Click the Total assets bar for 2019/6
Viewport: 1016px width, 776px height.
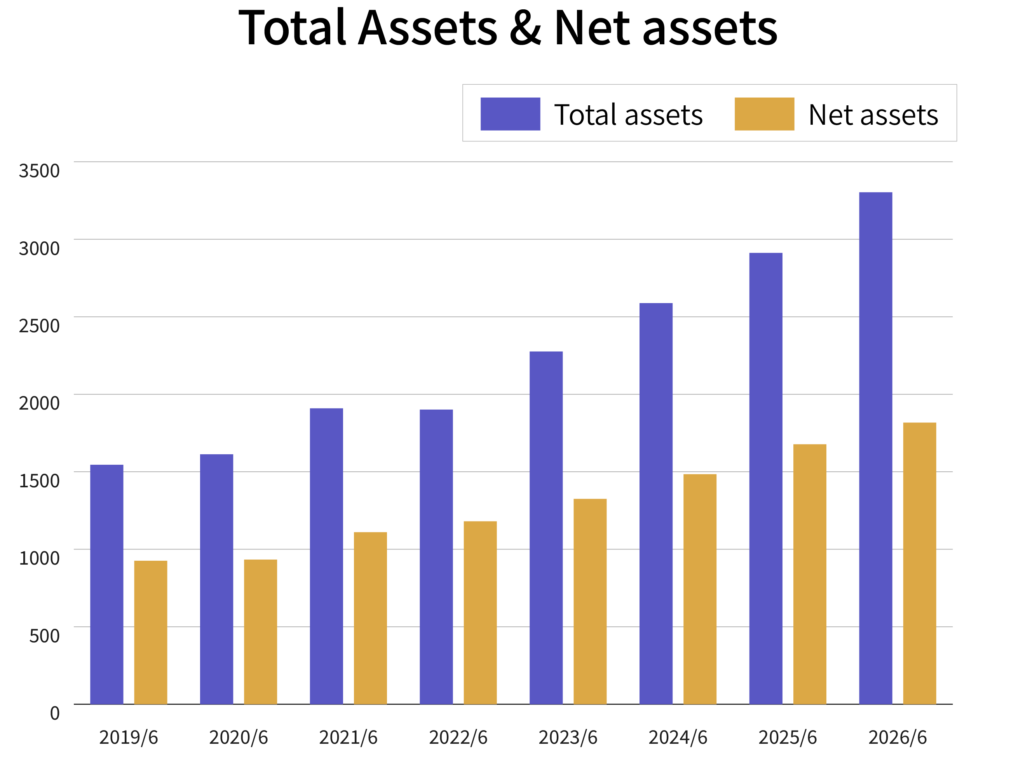(x=107, y=584)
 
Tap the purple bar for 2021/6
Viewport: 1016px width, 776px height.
(x=326, y=556)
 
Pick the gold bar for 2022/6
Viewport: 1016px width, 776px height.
(x=480, y=613)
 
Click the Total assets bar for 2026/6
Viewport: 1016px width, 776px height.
(x=876, y=448)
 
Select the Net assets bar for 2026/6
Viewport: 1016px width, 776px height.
(x=920, y=563)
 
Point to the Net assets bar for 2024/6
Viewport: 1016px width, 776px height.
(x=700, y=589)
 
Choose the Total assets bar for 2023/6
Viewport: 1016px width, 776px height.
(x=546, y=528)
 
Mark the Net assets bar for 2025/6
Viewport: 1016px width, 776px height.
(x=810, y=574)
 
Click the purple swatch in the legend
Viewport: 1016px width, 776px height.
(x=510, y=114)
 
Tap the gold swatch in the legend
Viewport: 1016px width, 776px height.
(x=764, y=114)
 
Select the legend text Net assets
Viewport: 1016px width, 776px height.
(x=873, y=115)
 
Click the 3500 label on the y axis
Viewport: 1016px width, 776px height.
(x=39, y=171)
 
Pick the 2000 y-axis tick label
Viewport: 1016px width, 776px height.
(x=39, y=403)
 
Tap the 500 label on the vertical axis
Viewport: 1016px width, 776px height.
(x=44, y=636)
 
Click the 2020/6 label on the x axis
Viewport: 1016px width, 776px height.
(x=238, y=738)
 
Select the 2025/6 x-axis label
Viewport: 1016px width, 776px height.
(x=788, y=738)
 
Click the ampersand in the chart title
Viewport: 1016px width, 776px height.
(x=525, y=28)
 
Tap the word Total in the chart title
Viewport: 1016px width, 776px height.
(x=292, y=27)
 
